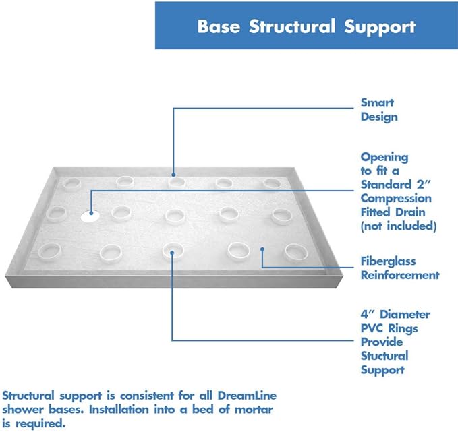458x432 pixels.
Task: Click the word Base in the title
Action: pos(218,28)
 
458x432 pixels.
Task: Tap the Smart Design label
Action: pos(378,110)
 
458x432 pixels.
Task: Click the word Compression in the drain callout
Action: pos(396,199)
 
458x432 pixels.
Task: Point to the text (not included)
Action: pos(398,226)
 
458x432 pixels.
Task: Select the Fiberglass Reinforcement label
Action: pos(399,268)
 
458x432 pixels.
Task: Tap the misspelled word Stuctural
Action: pos(384,356)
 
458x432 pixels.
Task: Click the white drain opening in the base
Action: pos(89,216)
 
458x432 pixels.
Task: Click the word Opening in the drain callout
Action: pos(384,157)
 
